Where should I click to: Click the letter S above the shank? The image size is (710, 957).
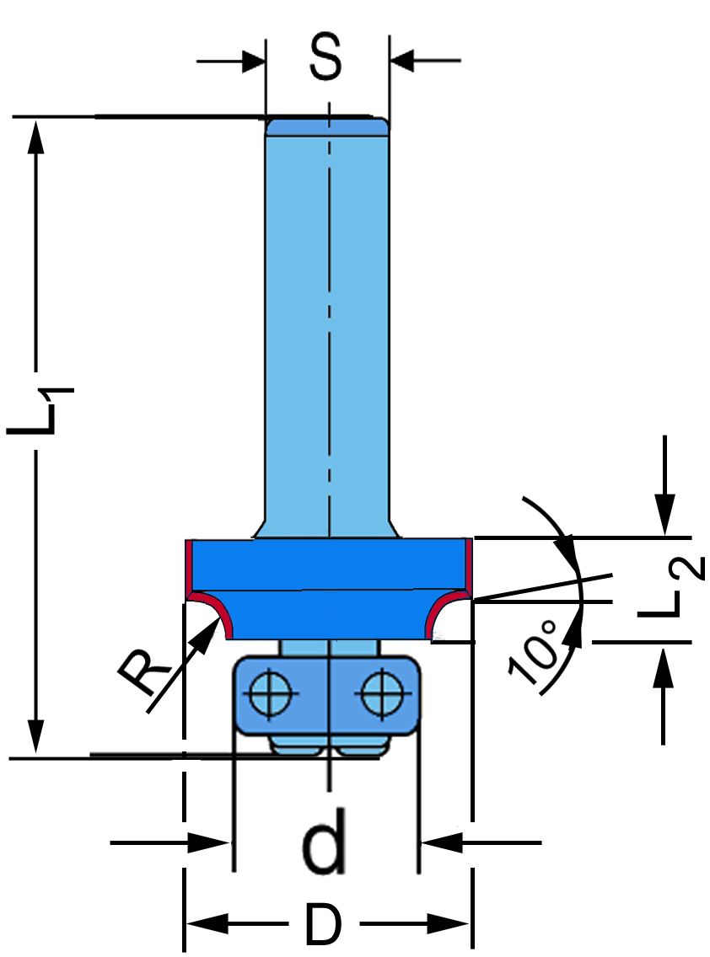[x=325, y=59]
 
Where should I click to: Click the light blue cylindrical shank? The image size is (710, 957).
[x=327, y=320]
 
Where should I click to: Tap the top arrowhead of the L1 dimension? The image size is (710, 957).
[x=35, y=135]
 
